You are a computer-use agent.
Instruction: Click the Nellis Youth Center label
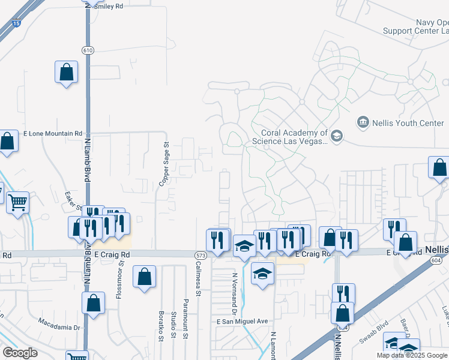click(408, 123)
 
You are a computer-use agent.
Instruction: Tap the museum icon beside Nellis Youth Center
click(363, 123)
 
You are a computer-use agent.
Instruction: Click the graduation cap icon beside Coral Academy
click(337, 137)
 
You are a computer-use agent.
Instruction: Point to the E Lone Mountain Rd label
click(52, 133)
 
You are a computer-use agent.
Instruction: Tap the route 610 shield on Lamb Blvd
click(88, 50)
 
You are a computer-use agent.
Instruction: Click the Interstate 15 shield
click(16, 23)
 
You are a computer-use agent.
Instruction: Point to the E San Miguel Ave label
click(242, 322)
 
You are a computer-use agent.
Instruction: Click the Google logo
click(20, 353)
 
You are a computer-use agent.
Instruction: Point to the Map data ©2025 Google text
click(412, 355)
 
